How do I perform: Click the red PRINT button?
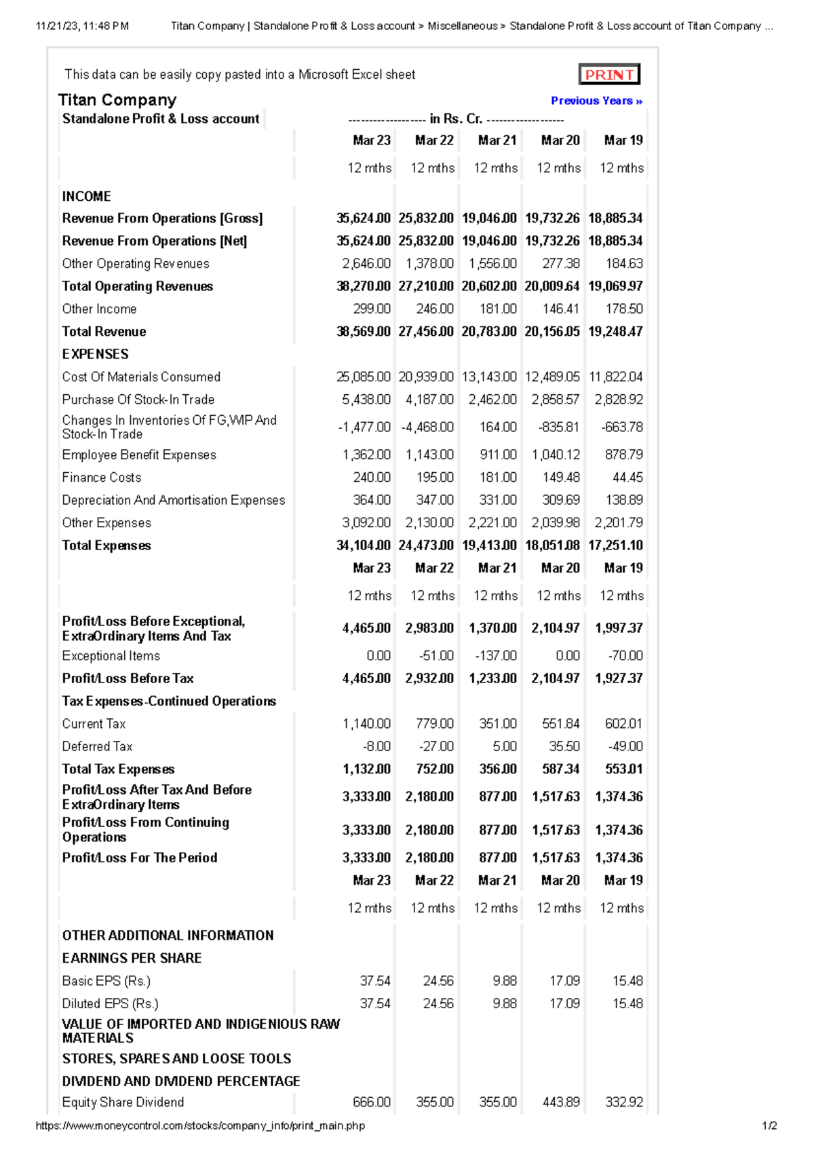coord(608,75)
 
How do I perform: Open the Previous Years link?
coord(596,100)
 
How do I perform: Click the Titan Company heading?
coord(117,100)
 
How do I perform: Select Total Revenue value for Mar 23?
coord(364,331)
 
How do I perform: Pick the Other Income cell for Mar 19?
coord(623,309)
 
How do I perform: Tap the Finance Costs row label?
coord(102,478)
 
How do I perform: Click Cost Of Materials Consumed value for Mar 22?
coord(426,377)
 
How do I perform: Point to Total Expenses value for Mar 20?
coord(552,545)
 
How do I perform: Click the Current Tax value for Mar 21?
coord(497,724)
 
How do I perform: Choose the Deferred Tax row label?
coord(97,746)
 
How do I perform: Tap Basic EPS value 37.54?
coord(374,981)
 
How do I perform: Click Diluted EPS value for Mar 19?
coord(627,1003)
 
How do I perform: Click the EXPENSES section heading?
coord(95,354)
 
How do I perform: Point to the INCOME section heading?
coord(86,196)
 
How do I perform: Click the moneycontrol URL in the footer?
coord(200,1126)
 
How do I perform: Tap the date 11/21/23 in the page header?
coord(57,26)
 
